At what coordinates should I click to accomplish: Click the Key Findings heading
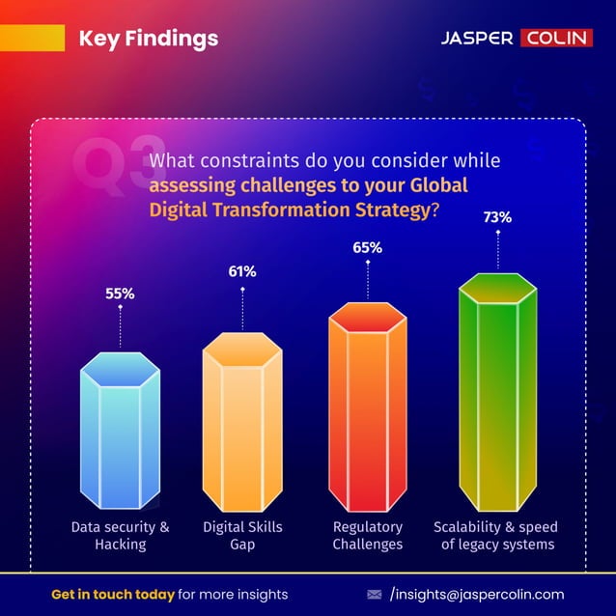tap(148, 39)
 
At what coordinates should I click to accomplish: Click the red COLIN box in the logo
tap(557, 39)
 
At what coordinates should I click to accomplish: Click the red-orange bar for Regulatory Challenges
tap(367, 406)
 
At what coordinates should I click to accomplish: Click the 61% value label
tap(242, 272)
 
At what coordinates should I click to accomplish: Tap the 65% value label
tap(367, 248)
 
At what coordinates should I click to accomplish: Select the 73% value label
tap(497, 218)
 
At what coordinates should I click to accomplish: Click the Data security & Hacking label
tap(120, 536)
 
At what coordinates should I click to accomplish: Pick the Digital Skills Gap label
tap(242, 536)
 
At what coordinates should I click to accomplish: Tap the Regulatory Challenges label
tap(367, 536)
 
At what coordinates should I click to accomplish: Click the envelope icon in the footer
tap(375, 594)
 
